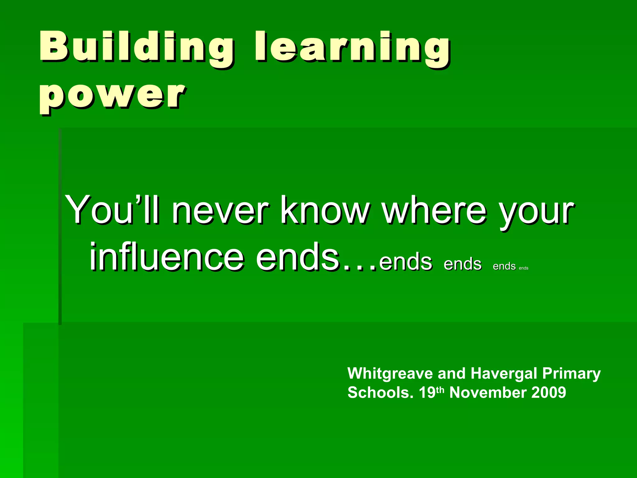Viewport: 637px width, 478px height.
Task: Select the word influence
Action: [x=166, y=257]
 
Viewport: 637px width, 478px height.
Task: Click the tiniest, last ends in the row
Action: [x=523, y=268]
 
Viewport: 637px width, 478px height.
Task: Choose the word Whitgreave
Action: [x=390, y=373]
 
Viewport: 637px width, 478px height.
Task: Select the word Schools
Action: [x=380, y=393]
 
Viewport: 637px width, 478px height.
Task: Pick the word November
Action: [x=488, y=393]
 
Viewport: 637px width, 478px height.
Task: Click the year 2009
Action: [x=549, y=393]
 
